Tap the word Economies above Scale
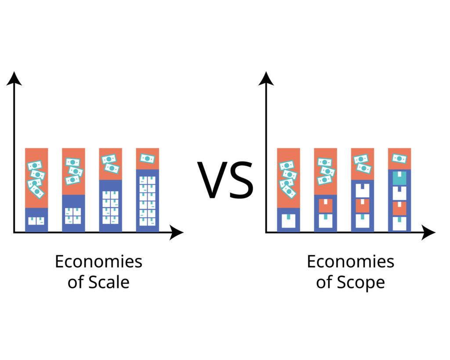pyautogui.click(x=98, y=262)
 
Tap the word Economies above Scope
pyautogui.click(x=350, y=262)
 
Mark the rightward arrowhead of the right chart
pyautogui.click(x=428, y=233)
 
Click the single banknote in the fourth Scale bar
pyautogui.click(x=148, y=158)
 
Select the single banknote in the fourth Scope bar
pyautogui.click(x=399, y=158)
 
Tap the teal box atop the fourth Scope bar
pyautogui.click(x=399, y=178)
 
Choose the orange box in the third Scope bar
pyautogui.click(x=363, y=206)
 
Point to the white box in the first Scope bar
pyautogui.click(x=289, y=221)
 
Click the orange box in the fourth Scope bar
pyautogui.click(x=399, y=208)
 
